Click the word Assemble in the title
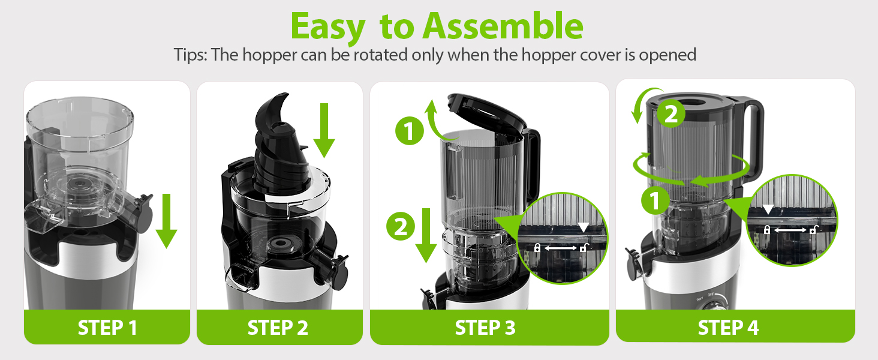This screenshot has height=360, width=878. tap(503, 26)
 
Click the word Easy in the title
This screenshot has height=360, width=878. tap(327, 26)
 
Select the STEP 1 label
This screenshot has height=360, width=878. tap(107, 328)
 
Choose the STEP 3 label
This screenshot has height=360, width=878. tap(485, 328)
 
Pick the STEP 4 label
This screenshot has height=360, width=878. tap(728, 328)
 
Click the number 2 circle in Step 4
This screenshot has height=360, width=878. tap(671, 114)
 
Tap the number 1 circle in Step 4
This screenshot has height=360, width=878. tap(656, 200)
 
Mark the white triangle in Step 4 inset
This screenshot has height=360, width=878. tap(768, 210)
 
